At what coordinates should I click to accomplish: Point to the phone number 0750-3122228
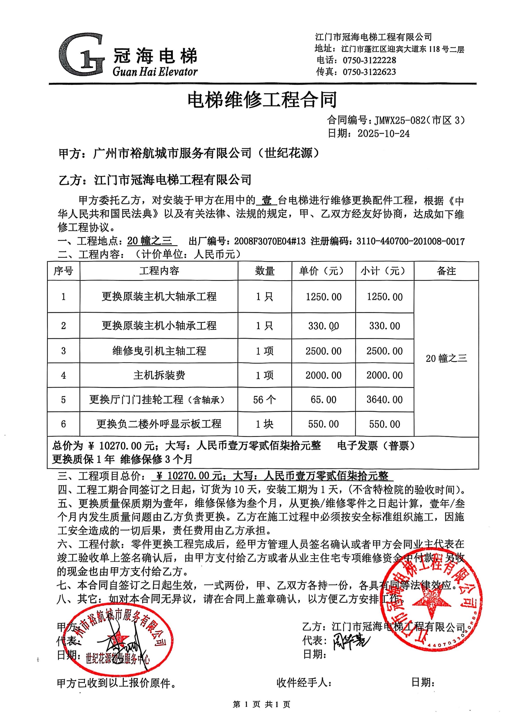coord(369,60)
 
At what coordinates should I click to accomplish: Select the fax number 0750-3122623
coord(369,72)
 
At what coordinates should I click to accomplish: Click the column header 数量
coord(265,271)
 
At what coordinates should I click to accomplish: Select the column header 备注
coord(446,271)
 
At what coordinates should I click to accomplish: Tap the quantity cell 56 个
coord(264,400)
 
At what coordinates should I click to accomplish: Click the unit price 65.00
coord(323,400)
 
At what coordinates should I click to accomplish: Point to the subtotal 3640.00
coord(384,400)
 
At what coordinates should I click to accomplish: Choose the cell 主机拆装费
coord(159,375)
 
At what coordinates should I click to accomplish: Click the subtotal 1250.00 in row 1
coord(385,297)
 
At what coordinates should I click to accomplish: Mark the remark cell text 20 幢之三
coord(446,358)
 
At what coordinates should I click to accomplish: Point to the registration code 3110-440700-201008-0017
coord(410,241)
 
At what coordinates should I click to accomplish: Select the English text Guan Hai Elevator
coord(155,72)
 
